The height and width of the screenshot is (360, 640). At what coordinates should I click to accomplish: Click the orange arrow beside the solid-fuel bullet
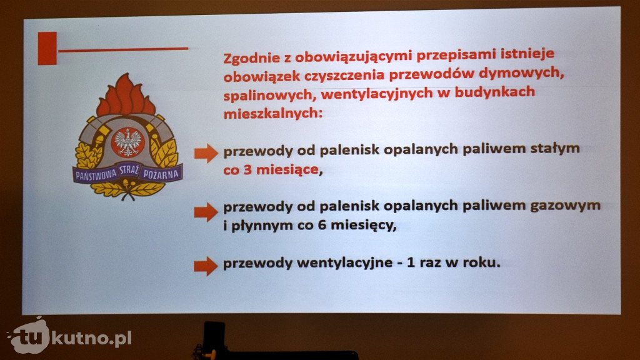click(206, 154)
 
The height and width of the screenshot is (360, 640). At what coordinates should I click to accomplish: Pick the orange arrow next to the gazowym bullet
click(206, 212)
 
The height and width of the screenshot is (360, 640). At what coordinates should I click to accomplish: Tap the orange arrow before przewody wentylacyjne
click(206, 266)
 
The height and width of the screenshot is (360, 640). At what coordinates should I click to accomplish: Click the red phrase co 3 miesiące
click(271, 169)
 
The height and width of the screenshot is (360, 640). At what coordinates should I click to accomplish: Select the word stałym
click(555, 149)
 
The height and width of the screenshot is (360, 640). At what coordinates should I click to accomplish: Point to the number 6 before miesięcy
click(322, 224)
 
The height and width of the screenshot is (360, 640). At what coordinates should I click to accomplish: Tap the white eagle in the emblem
click(127, 142)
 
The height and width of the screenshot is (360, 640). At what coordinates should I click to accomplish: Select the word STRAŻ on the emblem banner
click(129, 171)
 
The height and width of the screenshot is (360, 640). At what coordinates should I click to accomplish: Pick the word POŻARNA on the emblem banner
click(161, 174)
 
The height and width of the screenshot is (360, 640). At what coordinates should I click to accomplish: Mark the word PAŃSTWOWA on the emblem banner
click(96, 175)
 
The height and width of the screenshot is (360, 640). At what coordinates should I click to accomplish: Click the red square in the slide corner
click(47, 48)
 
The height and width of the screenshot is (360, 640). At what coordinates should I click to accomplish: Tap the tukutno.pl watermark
click(69, 337)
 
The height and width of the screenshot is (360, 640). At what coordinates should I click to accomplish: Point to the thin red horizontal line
click(123, 49)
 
